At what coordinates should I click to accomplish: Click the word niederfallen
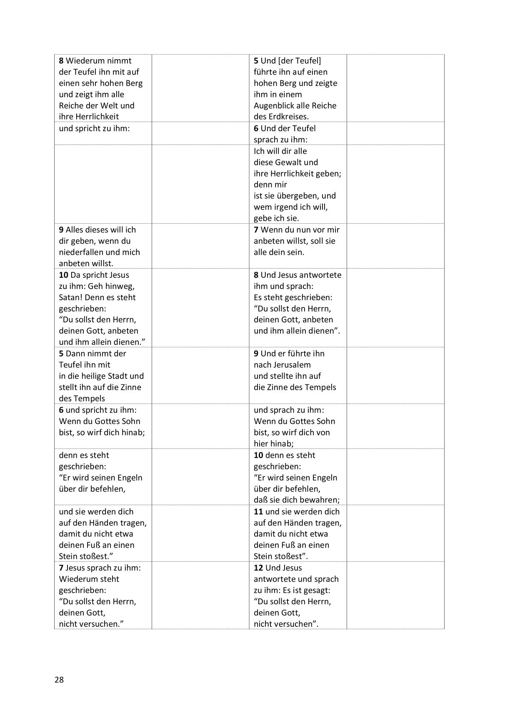(x=82, y=252)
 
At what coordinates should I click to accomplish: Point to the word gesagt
(x=316, y=590)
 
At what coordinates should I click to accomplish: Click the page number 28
(x=59, y=680)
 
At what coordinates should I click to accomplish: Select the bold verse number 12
(x=258, y=568)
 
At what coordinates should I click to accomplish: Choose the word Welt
(x=107, y=106)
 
